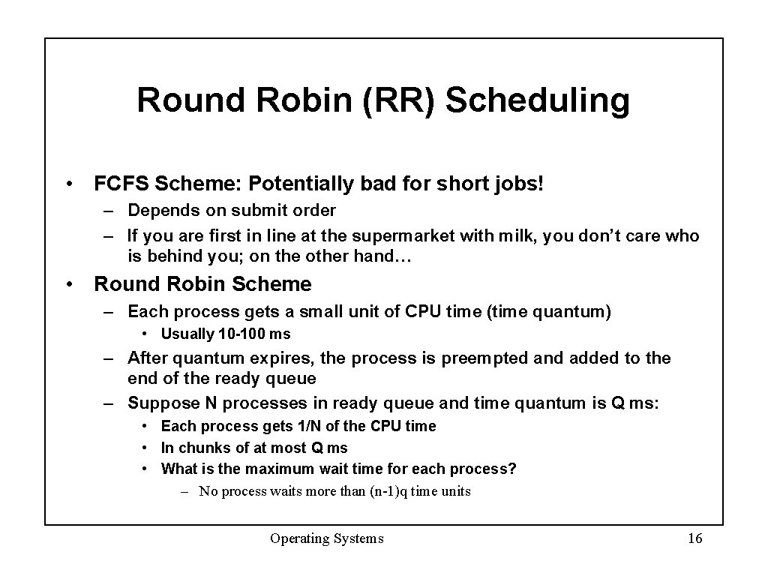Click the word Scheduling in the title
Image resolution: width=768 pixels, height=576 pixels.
[x=537, y=101]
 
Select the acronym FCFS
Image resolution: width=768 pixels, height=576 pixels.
[x=119, y=183]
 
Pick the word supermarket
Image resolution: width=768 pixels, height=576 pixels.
[x=407, y=236]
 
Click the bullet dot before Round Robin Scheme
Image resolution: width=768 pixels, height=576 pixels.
[x=69, y=285]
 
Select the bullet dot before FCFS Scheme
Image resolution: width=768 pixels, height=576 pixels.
[x=69, y=184]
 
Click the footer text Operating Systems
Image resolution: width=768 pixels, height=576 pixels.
[x=327, y=538]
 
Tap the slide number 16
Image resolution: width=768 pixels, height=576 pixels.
[x=694, y=538]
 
